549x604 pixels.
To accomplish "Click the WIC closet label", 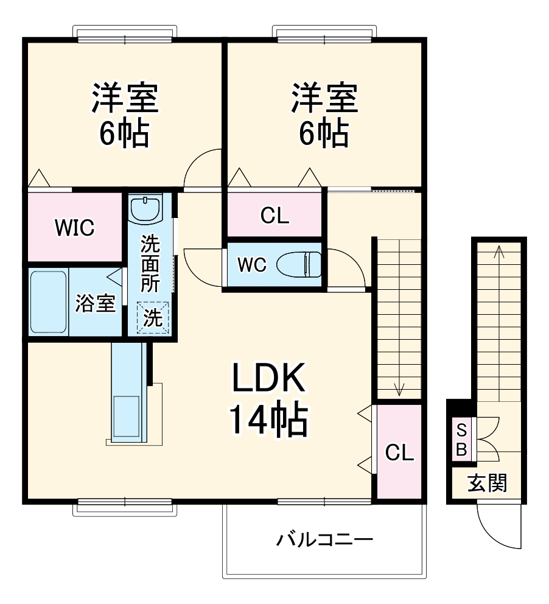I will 75,228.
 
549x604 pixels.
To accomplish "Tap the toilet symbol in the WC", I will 299,265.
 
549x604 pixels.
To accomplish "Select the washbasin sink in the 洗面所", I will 147,208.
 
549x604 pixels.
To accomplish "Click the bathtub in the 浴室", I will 48,301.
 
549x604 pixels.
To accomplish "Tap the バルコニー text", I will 324,539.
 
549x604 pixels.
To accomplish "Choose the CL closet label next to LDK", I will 400,452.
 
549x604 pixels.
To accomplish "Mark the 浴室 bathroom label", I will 95,303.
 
